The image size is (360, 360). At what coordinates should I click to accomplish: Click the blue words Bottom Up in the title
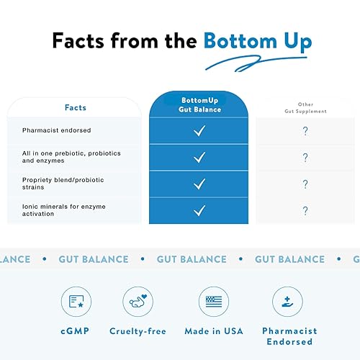tap(257, 41)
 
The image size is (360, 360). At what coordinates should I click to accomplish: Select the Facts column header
tap(74, 107)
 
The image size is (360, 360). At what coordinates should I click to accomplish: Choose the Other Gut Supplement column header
tap(305, 109)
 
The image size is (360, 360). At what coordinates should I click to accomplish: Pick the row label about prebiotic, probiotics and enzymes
tap(70, 157)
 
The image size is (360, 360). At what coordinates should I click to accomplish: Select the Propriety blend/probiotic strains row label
tap(63, 184)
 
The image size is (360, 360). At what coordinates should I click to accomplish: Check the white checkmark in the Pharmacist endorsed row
tap(199, 131)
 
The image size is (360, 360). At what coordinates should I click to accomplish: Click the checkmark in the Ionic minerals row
tap(199, 210)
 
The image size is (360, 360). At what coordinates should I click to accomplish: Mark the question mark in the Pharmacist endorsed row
tap(305, 131)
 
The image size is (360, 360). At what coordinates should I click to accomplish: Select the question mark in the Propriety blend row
tap(305, 184)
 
